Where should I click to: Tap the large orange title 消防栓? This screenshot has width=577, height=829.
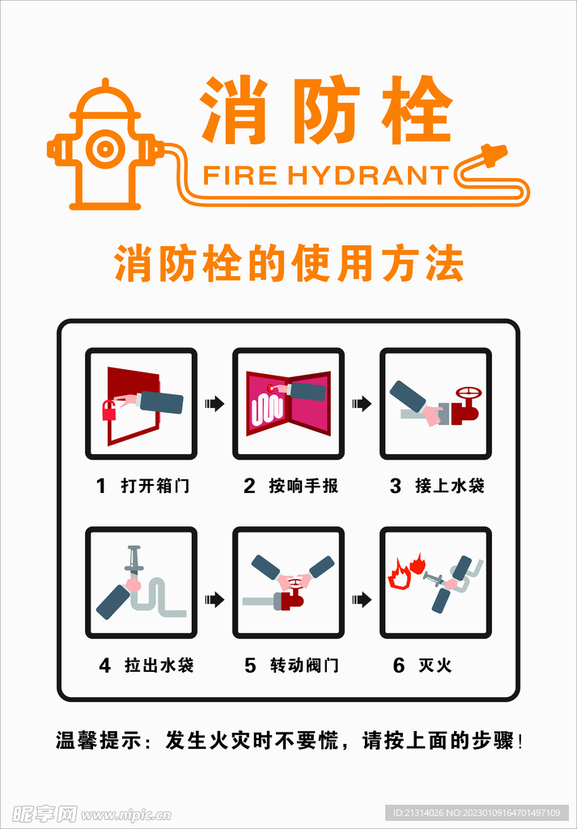pyautogui.click(x=325, y=112)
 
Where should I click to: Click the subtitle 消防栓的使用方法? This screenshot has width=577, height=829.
pyautogui.click(x=289, y=264)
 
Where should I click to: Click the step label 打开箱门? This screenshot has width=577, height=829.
pyautogui.click(x=155, y=486)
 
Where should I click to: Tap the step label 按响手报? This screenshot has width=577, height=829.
pyautogui.click(x=303, y=486)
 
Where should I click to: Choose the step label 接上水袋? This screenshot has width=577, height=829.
pyautogui.click(x=450, y=486)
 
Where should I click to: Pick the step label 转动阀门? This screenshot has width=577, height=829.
pyautogui.click(x=304, y=665)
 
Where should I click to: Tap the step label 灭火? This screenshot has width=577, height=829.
pyautogui.click(x=435, y=665)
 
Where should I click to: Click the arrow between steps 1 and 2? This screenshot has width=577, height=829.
pyautogui.click(x=214, y=403)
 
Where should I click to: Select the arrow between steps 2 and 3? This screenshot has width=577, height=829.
pyautogui.click(x=361, y=403)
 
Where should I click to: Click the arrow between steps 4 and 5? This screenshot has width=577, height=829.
pyautogui.click(x=214, y=599)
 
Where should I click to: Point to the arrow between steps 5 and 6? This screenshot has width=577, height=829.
pyautogui.click(x=361, y=599)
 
